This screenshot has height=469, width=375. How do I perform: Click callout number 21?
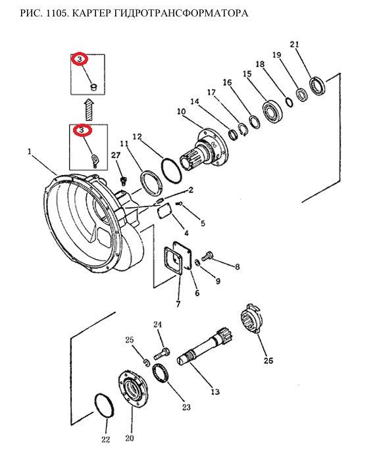pos(294,44)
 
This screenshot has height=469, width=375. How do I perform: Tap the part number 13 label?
pos(215,391)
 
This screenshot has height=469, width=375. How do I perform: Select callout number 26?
pos(268,360)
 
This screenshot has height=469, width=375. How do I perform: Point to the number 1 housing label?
pos(30,152)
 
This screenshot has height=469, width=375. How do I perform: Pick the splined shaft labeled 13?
pos(205,346)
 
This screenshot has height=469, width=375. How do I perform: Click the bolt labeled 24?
pos(162,353)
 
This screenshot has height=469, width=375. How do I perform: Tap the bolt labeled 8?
pos(207,257)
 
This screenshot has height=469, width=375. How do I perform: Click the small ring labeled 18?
pos(289,103)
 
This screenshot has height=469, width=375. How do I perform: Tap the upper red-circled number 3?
pos(80,59)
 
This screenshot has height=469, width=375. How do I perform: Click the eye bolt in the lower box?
pos(95,159)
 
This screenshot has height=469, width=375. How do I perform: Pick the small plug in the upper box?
pos(93,87)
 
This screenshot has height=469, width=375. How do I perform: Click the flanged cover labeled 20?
pos(132,388)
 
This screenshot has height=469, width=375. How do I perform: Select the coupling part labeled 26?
pos(251,318)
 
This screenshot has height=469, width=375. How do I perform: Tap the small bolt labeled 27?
pos(123,181)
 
